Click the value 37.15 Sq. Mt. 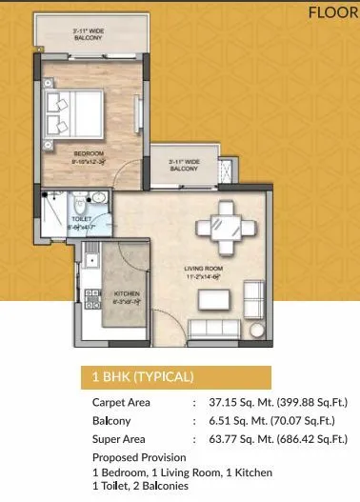coord(239,403)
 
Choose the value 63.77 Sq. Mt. coord(239,438)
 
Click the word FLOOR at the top coord(333,12)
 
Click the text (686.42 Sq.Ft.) coord(308,438)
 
